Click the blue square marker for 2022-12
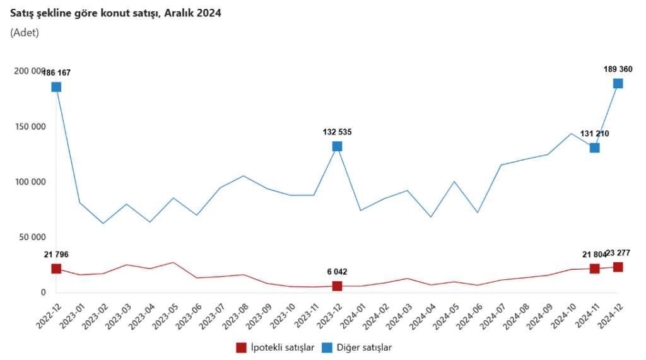click(56, 87)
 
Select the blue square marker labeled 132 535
click(337, 146)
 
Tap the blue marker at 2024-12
click(618, 84)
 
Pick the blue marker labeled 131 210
click(594, 148)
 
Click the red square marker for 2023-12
click(337, 286)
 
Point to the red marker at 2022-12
click(56, 269)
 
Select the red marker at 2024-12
click(618, 267)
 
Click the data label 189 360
click(618, 69)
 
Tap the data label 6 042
click(337, 272)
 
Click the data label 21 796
click(56, 255)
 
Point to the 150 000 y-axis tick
click(30, 127)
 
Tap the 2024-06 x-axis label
click(467, 311)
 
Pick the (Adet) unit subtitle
click(25, 33)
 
